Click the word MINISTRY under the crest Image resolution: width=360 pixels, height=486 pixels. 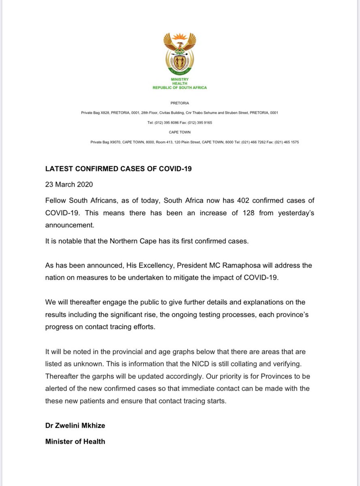pos(180,79)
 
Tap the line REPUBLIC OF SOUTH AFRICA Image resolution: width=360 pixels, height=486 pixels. pos(180,87)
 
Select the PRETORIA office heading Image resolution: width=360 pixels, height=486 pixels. pos(180,103)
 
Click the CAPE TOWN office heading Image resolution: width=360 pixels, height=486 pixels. pos(180,132)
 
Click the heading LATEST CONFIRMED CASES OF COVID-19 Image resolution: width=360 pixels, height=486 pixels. pos(118,169)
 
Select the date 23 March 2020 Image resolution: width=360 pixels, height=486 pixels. pos(69,185)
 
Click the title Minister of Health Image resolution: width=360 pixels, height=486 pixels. pos(75,441)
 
